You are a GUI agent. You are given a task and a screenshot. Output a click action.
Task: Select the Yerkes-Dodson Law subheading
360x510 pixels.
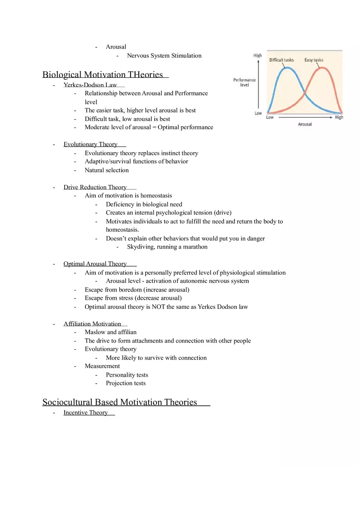pyautogui.click(x=90, y=85)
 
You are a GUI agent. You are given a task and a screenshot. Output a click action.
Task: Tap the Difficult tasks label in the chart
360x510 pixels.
pyautogui.click(x=281, y=60)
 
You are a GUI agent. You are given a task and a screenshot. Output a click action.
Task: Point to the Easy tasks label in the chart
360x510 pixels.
pyautogui.click(x=314, y=60)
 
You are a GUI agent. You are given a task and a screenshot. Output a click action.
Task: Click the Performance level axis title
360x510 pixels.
pyautogui.click(x=244, y=82)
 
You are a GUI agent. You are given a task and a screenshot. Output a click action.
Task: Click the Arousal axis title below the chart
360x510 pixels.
pyautogui.click(x=305, y=124)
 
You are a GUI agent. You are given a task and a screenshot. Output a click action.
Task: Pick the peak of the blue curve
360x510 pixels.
pyautogui.click(x=288, y=68)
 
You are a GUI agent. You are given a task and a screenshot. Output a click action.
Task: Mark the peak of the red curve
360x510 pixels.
pyautogui.click(x=322, y=68)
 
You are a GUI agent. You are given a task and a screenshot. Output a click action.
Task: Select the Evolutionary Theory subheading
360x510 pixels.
pyautogui.click(x=90, y=144)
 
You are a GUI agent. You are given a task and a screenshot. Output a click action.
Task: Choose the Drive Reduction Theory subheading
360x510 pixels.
pyautogui.click(x=95, y=187)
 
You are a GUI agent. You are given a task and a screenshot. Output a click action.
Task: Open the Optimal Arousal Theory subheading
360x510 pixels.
pyautogui.click(x=95, y=264)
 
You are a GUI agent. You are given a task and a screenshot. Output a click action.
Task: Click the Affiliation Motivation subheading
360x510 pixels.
pyautogui.click(x=92, y=324)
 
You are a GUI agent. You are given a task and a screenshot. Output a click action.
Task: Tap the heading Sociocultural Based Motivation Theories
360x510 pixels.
pyautogui.click(x=120, y=402)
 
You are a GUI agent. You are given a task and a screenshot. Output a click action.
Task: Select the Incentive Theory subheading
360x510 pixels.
pyautogui.click(x=85, y=413)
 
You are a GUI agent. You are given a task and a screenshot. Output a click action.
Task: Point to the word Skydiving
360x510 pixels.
pyautogui.click(x=140, y=247)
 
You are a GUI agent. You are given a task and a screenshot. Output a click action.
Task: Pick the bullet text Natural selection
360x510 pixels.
pyautogui.click(x=106, y=170)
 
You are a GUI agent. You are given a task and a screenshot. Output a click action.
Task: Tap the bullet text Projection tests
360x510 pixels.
pyautogui.click(x=126, y=383)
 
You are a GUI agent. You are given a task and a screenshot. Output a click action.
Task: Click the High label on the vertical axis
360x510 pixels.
pyautogui.click(x=258, y=56)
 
